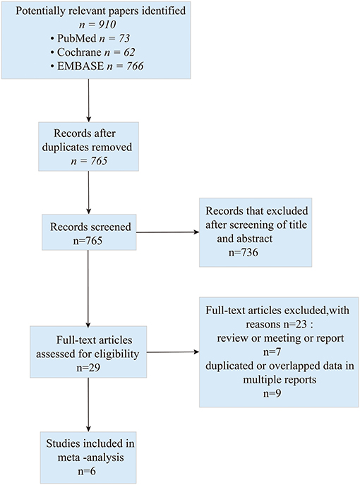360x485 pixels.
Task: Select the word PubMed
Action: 76,38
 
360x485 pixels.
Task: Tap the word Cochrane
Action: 79,52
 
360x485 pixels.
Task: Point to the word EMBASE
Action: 80,66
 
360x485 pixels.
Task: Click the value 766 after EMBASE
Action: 135,66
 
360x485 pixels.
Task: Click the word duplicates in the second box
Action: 64,147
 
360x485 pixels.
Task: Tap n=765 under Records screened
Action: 88,241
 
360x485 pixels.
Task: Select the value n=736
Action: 243,253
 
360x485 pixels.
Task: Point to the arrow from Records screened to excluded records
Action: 167,232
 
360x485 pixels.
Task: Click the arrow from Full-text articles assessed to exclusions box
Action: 173,352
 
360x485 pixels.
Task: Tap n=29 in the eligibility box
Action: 88,368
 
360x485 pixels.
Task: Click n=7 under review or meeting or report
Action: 272,352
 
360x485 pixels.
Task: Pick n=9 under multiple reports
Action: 272,393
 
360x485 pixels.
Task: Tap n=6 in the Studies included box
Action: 87,472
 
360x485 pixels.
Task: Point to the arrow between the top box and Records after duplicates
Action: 89,100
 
